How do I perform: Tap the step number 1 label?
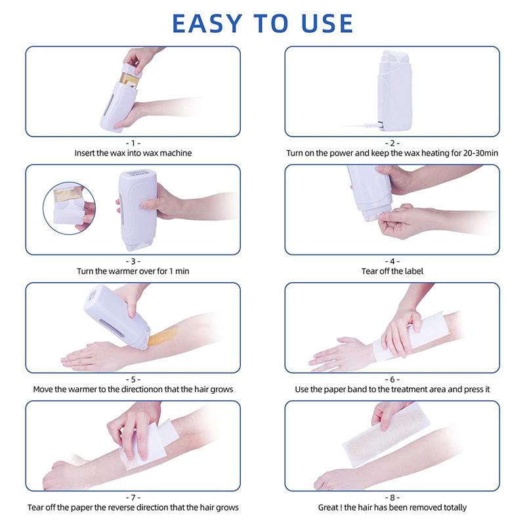133,142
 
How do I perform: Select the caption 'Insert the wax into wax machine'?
133,153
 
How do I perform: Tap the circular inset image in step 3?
68,205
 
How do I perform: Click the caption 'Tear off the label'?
392,271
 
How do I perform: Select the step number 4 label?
392,261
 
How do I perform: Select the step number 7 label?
133,497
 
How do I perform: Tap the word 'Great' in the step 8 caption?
331,507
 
